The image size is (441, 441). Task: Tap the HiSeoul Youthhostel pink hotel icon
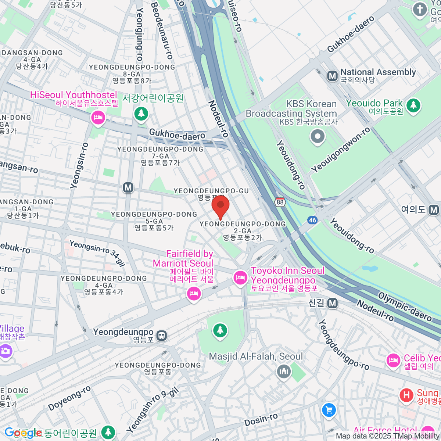pos(98,118)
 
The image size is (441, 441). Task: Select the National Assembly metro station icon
pos(332,76)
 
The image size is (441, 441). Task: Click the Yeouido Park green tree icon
pos(413,105)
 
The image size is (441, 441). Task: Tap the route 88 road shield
pos(280,202)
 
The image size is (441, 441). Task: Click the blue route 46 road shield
pos(312,220)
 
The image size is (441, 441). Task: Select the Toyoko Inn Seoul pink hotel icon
pos(240,277)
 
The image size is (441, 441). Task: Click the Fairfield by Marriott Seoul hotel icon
pos(194,293)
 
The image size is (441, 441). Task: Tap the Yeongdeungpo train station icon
pos(161,335)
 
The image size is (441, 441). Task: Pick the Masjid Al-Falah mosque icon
pos(284,372)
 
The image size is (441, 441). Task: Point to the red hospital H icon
pos(406,396)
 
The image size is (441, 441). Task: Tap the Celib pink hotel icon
pos(394,361)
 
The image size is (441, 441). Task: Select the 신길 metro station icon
pos(333,304)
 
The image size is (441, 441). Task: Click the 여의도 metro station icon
pos(434,210)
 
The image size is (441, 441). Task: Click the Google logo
pos(23,433)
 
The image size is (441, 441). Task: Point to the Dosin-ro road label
pos(261,419)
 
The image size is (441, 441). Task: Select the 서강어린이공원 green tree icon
pos(141,113)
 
